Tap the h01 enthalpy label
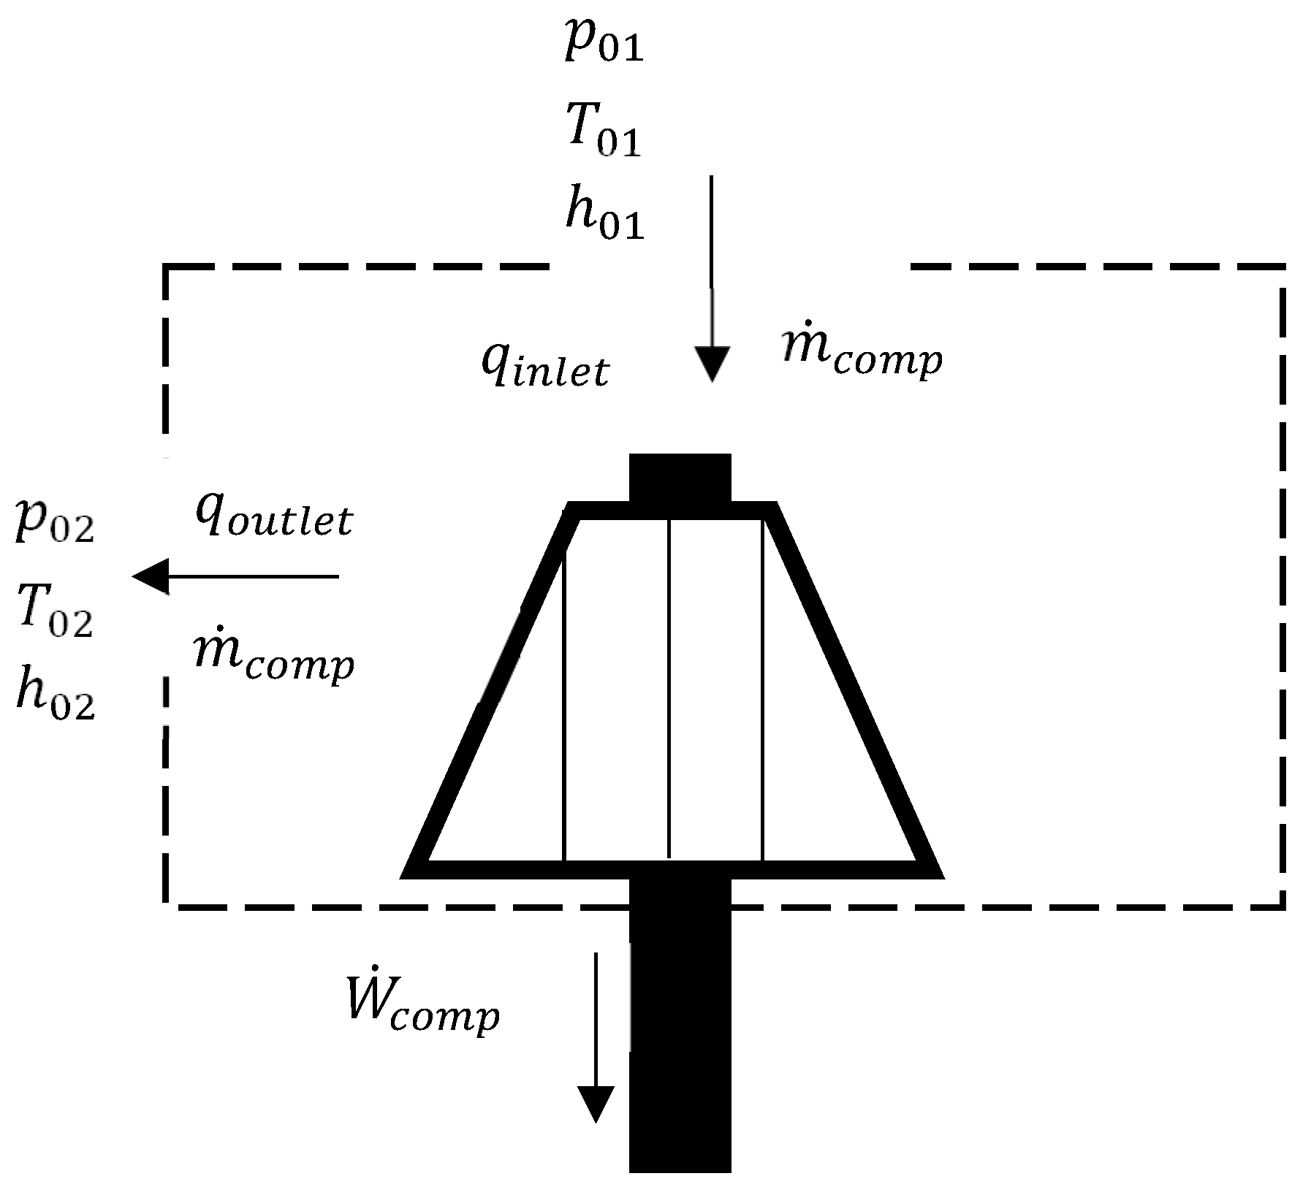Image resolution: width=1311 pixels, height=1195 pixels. coord(604,218)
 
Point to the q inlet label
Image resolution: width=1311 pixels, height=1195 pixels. coord(544,367)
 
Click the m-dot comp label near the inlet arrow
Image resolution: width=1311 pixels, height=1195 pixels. coord(861,356)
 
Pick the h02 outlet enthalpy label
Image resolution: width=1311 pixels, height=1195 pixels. coord(56,698)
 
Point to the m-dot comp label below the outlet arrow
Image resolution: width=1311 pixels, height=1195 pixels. coord(274,660)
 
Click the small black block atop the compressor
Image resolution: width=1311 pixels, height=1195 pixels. coord(680,478)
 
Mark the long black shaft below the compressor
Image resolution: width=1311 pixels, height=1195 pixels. coord(680,1037)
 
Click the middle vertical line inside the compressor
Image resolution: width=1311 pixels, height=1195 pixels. coord(669,687)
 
